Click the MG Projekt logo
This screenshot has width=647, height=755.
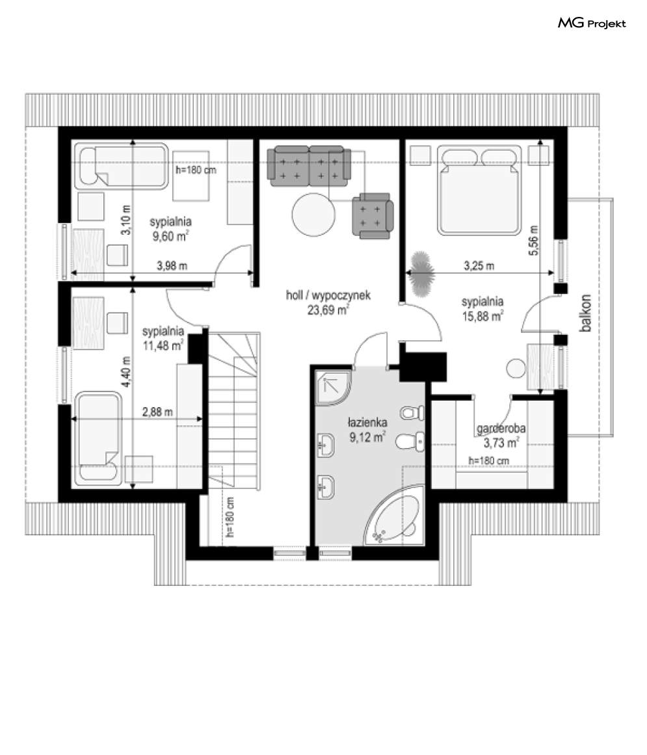click(592, 23)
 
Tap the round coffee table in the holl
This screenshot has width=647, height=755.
click(313, 215)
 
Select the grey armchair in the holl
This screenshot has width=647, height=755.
click(373, 215)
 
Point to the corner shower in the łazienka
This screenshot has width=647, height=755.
click(333, 386)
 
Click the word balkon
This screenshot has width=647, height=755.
click(586, 313)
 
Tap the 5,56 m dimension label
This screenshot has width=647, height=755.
click(533, 240)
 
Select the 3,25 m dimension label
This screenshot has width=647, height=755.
click(479, 265)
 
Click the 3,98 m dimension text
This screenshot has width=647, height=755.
click(172, 265)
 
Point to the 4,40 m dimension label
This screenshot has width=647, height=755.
click(126, 372)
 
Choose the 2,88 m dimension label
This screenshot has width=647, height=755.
click(157, 412)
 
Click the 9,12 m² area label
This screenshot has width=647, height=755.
click(367, 437)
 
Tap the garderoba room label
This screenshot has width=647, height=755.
click(501, 428)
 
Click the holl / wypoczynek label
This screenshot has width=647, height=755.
click(328, 295)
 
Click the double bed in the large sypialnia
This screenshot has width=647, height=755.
click(479, 190)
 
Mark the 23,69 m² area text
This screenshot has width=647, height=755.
click(328, 310)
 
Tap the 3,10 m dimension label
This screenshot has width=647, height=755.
click(126, 220)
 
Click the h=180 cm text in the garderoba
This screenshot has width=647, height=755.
click(488, 461)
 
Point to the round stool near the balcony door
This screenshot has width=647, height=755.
click(516, 368)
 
